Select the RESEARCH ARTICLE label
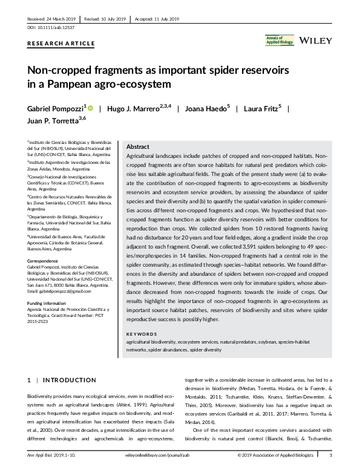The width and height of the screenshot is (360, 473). pyautogui.click(x=61, y=44)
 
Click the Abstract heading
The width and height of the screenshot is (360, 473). pyautogui.click(x=137, y=147)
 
